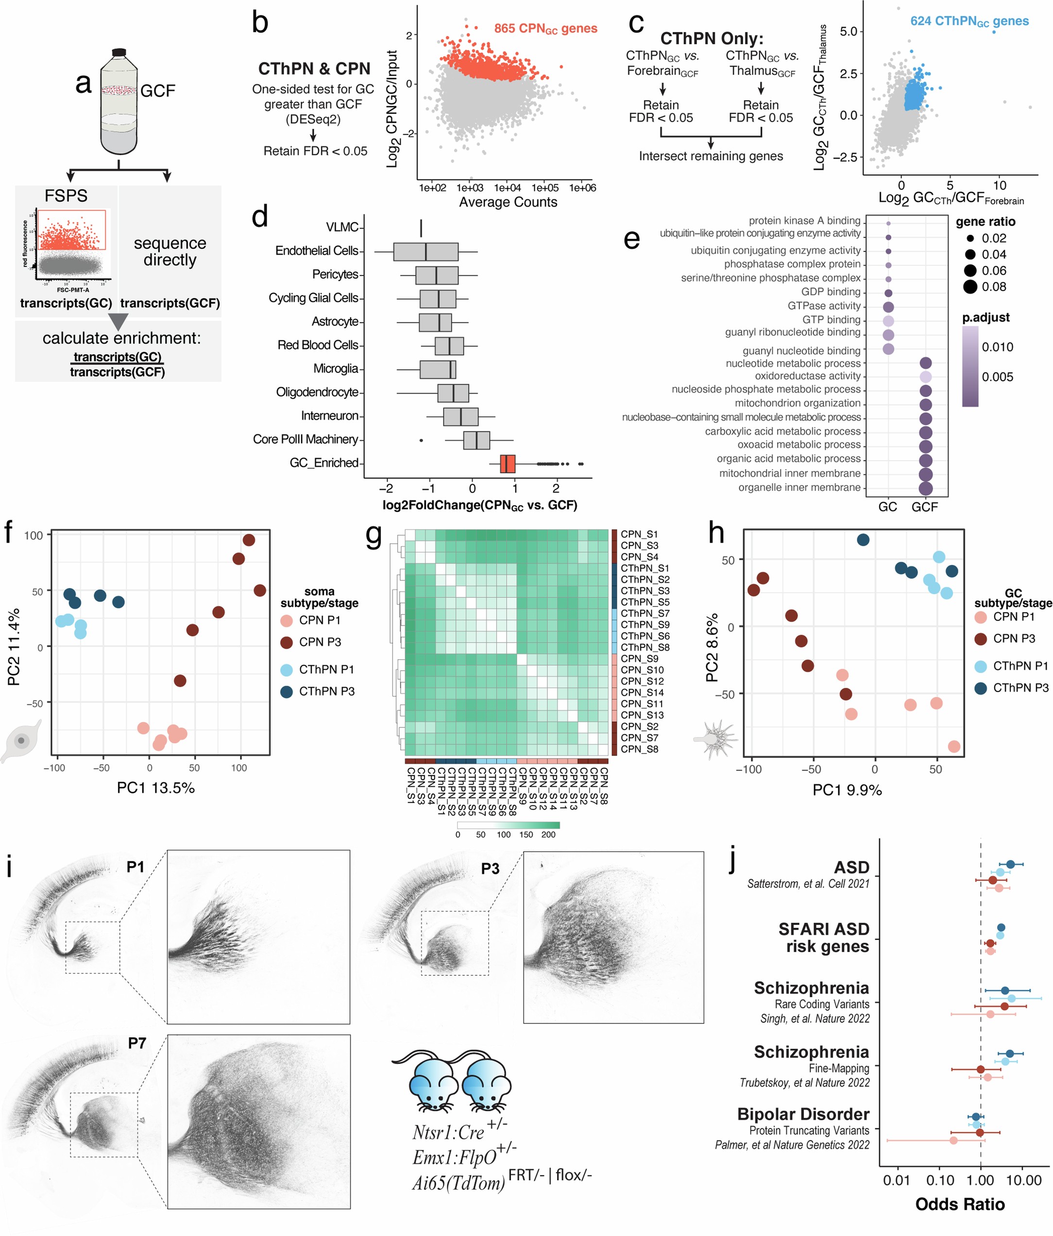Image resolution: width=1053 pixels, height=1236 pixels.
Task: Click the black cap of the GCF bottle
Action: click(x=119, y=52)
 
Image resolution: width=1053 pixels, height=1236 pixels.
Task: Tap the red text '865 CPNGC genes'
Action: click(x=545, y=29)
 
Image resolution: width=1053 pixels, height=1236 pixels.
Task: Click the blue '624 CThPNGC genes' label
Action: click(x=969, y=21)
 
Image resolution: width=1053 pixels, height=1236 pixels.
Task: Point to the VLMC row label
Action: click(x=341, y=227)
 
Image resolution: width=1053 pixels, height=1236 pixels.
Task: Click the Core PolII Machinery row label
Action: click(x=305, y=440)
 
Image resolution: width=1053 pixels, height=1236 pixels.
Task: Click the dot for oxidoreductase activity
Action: click(x=925, y=377)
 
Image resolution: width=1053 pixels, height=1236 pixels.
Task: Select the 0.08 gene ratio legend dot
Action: click(x=970, y=287)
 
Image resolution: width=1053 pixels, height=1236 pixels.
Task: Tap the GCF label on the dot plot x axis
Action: click(x=925, y=507)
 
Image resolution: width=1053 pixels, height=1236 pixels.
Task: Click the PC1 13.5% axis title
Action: click(x=156, y=788)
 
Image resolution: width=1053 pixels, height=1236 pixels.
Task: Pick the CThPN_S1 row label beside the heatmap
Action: click(x=645, y=568)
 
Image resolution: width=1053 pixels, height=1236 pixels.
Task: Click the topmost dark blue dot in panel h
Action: click(x=863, y=540)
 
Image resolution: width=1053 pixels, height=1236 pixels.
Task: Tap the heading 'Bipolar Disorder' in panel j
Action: click(x=803, y=1114)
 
